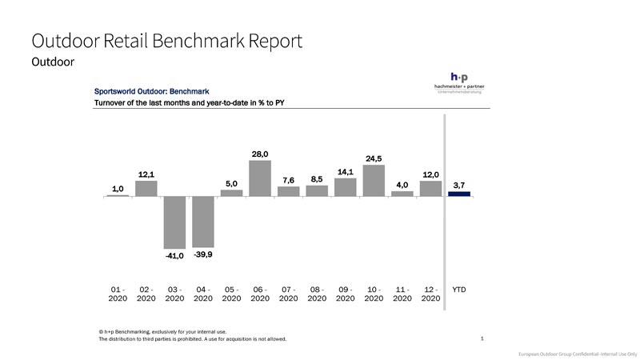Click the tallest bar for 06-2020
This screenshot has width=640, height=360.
(x=260, y=178)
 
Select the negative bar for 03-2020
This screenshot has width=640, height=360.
(x=174, y=222)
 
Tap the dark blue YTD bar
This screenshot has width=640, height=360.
(x=459, y=194)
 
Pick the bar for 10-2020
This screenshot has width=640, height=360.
(x=374, y=180)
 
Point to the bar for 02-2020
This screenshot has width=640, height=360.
(x=146, y=188)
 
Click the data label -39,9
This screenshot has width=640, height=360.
(x=203, y=254)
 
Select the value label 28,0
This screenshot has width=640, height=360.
(x=260, y=154)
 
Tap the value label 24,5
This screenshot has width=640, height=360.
(x=374, y=158)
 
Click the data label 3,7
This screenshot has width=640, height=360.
(x=459, y=185)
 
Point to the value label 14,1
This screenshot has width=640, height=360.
(x=345, y=171)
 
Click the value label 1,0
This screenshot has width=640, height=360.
(x=118, y=189)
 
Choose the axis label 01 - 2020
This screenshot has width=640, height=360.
(x=118, y=294)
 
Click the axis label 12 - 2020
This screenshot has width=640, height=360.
(x=430, y=294)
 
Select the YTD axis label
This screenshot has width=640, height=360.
(x=459, y=290)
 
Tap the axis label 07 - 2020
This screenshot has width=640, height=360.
(x=288, y=294)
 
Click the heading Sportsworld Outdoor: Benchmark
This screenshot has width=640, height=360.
(x=152, y=91)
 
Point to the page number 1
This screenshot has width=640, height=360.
(x=482, y=338)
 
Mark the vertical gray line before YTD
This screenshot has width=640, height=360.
(x=444, y=200)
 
